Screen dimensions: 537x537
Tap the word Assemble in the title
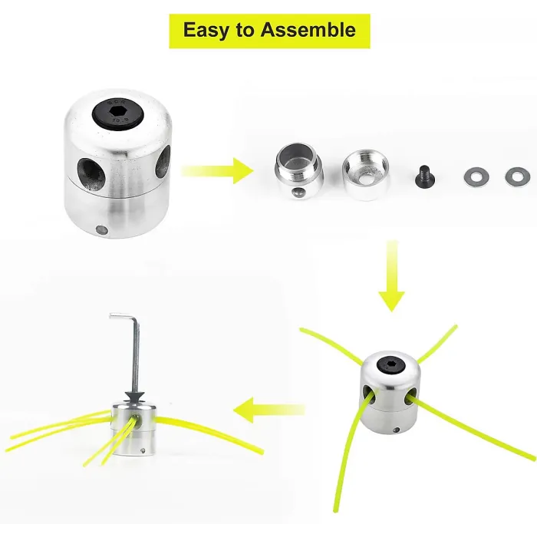308,30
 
